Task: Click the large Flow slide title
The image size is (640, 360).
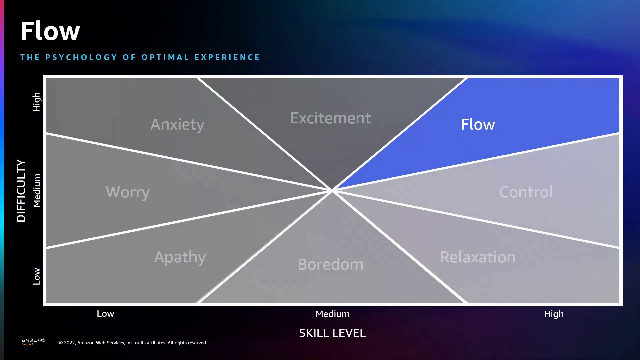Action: pyautogui.click(x=50, y=31)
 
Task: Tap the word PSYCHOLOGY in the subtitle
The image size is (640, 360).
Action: pyautogui.click(x=81, y=57)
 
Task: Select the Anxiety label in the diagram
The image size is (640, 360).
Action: pyautogui.click(x=177, y=125)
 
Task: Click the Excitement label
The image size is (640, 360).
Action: pyautogui.click(x=330, y=118)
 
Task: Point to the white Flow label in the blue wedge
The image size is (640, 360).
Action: pyautogui.click(x=478, y=124)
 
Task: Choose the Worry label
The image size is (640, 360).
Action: pyautogui.click(x=128, y=192)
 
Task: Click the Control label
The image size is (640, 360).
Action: pyautogui.click(x=526, y=192)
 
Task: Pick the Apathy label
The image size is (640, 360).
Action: pyautogui.click(x=180, y=257)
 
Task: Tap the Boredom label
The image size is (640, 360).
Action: pyautogui.click(x=330, y=264)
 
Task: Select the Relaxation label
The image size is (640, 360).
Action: pyautogui.click(x=477, y=257)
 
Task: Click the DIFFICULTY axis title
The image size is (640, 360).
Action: pyautogui.click(x=21, y=191)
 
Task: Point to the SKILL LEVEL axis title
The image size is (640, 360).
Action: pyautogui.click(x=332, y=333)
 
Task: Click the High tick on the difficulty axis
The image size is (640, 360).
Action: pyautogui.click(x=36, y=102)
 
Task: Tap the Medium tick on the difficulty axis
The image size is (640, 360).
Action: pyautogui.click(x=37, y=191)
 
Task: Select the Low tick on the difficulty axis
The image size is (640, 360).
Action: pyautogui.click(x=36, y=276)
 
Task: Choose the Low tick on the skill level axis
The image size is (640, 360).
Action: pyautogui.click(x=105, y=314)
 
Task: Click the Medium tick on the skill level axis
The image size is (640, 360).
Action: pyautogui.click(x=332, y=314)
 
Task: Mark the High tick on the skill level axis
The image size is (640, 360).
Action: pyautogui.click(x=554, y=314)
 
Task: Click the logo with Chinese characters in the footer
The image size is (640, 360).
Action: pyautogui.click(x=33, y=341)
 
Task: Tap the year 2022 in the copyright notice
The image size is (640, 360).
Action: pyautogui.click(x=69, y=343)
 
